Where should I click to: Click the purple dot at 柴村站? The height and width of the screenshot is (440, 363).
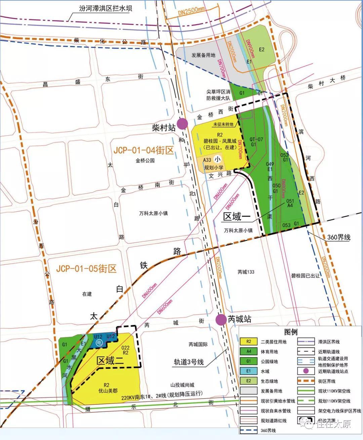(183, 124)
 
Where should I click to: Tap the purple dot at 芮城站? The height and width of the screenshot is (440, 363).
(221, 319)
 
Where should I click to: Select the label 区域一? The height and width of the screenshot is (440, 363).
(237, 217)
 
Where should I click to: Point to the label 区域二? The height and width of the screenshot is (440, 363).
(110, 361)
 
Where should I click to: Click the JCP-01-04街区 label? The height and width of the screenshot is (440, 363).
(143, 150)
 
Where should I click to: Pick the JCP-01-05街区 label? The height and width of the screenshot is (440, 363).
(86, 269)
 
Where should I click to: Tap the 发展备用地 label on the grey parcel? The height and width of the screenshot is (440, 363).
(203, 55)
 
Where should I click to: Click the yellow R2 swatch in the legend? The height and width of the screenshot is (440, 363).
(249, 342)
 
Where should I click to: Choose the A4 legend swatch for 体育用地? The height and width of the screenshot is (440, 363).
(249, 352)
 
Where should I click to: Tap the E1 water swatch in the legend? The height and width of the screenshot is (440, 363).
(249, 371)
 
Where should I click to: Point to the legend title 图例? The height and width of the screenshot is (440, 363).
(291, 332)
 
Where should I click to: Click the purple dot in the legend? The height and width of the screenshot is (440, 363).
(306, 371)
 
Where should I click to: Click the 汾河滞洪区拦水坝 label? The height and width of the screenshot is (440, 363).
(101, 8)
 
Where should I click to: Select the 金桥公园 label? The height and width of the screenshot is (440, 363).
(145, 161)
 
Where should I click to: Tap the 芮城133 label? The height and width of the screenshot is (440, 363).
(246, 272)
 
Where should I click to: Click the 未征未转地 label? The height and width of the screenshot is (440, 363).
(223, 124)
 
